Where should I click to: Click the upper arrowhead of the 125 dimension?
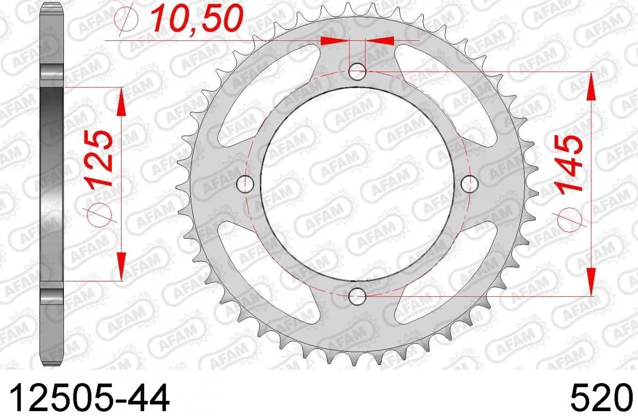click(121, 102)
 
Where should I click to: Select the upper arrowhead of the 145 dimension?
click(590, 85)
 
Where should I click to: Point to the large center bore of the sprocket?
click(357, 184)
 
